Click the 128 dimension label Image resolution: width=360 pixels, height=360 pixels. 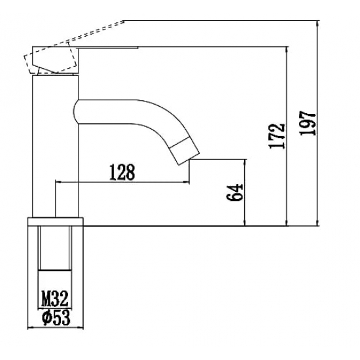[122, 172]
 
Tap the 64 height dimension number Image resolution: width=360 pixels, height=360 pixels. [234, 192]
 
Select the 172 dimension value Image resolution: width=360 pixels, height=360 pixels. [277, 136]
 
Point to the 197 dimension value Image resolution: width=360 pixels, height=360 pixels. [308, 124]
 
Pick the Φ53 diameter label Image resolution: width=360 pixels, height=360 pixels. [56, 317]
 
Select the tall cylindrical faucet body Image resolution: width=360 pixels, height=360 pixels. [56, 146]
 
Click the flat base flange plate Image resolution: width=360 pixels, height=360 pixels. [56, 221]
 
